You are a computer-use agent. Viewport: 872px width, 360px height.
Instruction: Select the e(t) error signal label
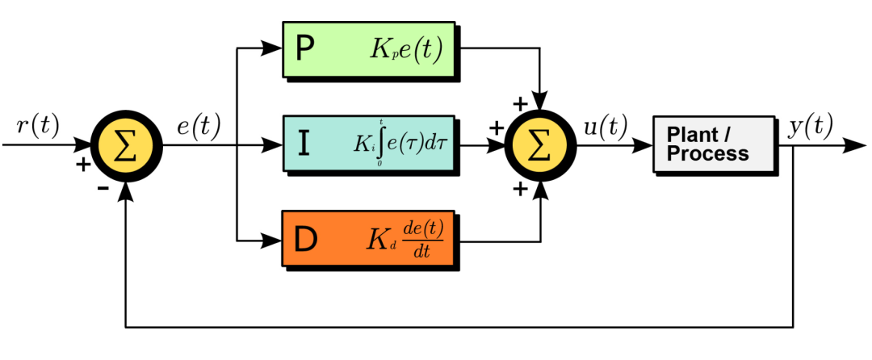tap(199, 127)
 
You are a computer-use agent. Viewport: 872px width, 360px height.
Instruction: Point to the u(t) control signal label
tap(605, 127)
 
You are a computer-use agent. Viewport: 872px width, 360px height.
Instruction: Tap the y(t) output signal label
tap(811, 127)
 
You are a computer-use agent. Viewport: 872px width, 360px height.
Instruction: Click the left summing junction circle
tap(125, 147)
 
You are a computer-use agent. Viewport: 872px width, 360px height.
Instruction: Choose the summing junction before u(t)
tap(541, 147)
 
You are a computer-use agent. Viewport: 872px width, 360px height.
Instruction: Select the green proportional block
tap(369, 49)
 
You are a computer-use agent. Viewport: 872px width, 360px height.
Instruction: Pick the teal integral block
tap(369, 143)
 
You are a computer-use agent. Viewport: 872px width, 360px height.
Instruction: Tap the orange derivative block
tap(369, 240)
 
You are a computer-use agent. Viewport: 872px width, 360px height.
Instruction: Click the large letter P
tap(305, 50)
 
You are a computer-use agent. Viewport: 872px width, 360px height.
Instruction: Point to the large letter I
tap(304, 144)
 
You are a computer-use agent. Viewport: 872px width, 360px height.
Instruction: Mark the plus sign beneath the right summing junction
tap(520, 189)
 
